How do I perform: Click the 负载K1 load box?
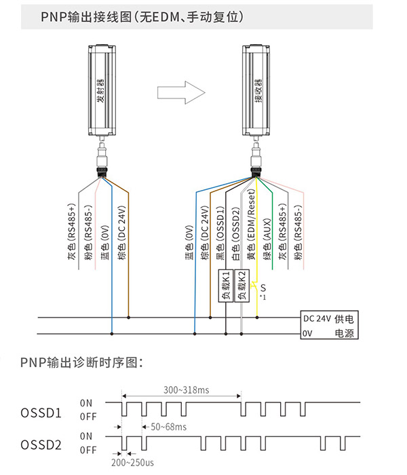tap(226, 286)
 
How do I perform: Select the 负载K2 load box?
tap(242, 286)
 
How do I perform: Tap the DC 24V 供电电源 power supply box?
tap(329, 325)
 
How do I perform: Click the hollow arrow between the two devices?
tap(181, 92)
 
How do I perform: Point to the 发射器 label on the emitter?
tap(100, 90)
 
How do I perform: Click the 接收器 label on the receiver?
tap(258, 90)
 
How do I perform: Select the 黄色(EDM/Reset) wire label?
tap(252, 225)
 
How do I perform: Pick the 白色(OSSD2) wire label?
tap(235, 233)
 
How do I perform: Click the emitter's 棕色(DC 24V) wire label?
tap(121, 233)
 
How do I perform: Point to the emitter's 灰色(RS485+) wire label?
tap(71, 232)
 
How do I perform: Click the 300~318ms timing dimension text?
tap(187, 390)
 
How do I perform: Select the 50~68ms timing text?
tap(169, 427)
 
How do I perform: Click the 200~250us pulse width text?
tap(132, 463)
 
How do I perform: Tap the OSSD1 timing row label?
tap(41, 413)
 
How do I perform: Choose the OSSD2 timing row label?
tap(41, 445)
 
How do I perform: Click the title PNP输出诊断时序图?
tap(81, 362)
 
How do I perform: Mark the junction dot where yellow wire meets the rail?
tap(257, 318)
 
